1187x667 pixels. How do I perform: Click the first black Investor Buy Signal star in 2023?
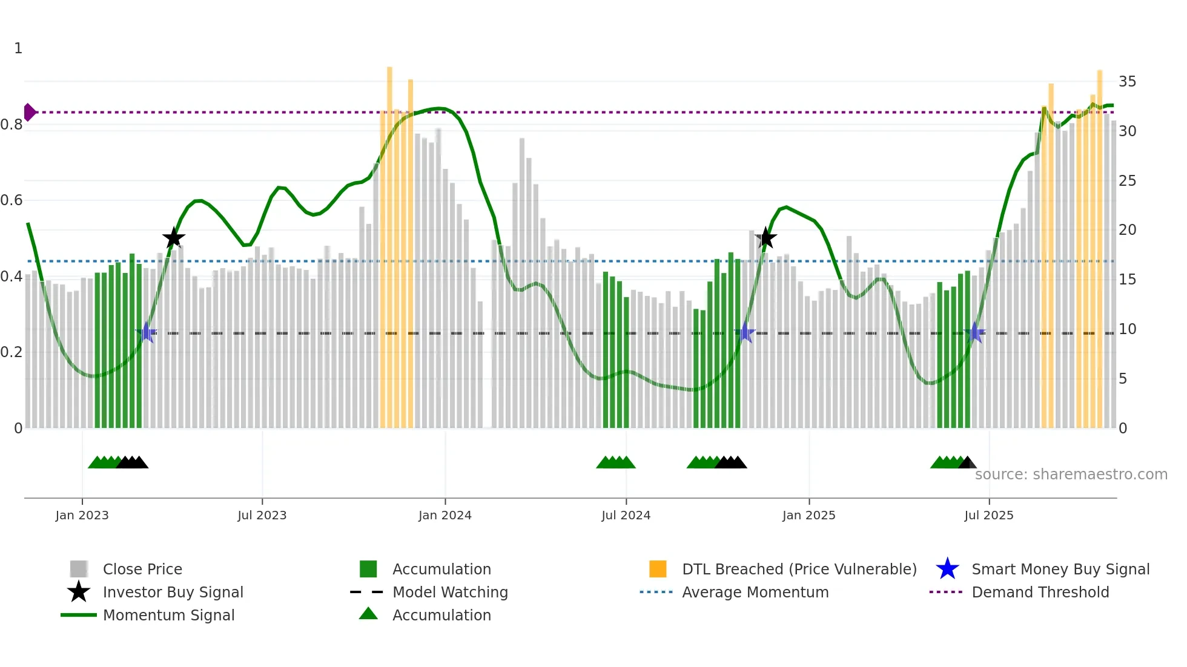coord(174,238)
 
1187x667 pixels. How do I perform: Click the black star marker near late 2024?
coord(765,238)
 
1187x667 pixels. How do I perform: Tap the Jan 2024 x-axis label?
coord(445,515)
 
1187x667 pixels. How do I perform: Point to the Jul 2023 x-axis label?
coord(262,515)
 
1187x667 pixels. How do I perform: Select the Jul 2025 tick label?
coord(988,515)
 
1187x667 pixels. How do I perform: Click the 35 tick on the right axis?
coord(1127,81)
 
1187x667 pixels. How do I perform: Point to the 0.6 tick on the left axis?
coord(12,200)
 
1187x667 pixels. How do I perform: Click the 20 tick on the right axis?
coord(1127,230)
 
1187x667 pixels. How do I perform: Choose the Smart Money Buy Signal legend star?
coord(947,569)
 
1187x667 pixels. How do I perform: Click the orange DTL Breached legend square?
coord(658,569)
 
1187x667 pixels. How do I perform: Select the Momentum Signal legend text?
coord(168,615)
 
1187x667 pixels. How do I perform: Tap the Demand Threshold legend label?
coord(1040,592)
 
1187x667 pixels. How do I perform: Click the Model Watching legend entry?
coord(450,592)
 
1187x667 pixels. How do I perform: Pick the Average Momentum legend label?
coord(755,592)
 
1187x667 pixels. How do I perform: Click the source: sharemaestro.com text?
coord(1071,474)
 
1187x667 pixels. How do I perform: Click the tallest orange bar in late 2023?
coord(389,242)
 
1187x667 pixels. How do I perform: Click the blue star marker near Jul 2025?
coord(974,332)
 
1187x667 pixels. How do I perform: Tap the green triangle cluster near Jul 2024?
coord(616,462)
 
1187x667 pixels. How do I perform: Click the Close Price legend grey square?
coord(79,569)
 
